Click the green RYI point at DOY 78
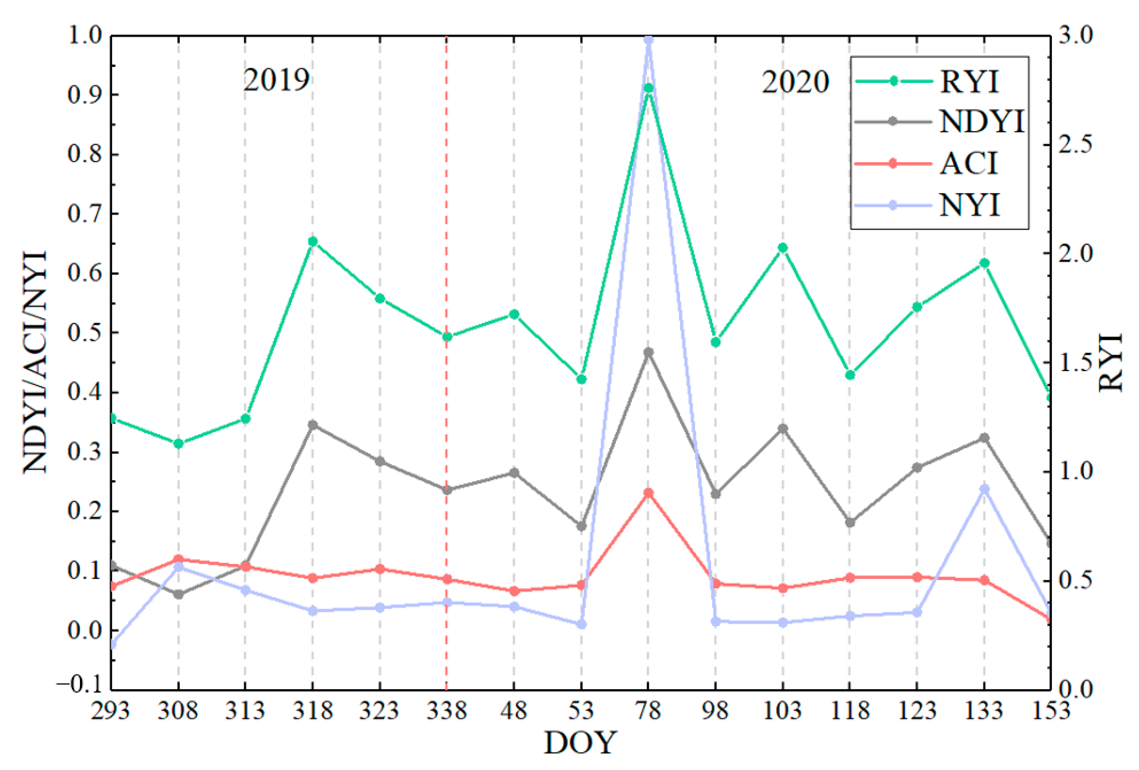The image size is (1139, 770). pyautogui.click(x=648, y=88)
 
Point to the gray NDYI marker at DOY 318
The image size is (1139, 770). pyautogui.click(x=313, y=424)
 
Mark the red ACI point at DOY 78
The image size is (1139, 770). pyautogui.click(x=648, y=492)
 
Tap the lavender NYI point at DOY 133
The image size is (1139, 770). pyautogui.click(x=984, y=489)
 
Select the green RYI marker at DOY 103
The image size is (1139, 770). pyautogui.click(x=783, y=247)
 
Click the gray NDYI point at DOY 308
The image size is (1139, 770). pyautogui.click(x=178, y=594)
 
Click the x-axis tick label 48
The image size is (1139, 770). pyautogui.click(x=513, y=710)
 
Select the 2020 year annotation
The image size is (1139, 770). pyautogui.click(x=795, y=82)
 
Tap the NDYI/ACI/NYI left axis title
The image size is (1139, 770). pyautogui.click(x=35, y=362)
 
